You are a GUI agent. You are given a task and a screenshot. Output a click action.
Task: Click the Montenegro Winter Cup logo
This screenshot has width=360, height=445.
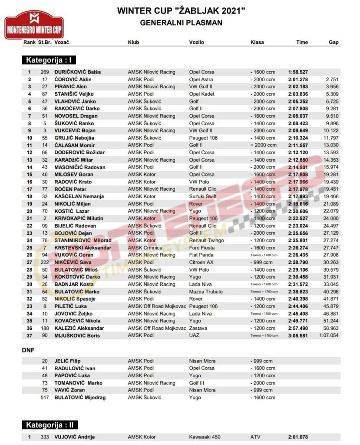[34, 25]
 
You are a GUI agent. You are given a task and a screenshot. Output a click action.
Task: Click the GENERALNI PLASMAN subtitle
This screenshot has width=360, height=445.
[181, 23]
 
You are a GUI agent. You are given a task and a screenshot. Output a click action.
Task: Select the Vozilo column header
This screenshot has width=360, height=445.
[196, 42]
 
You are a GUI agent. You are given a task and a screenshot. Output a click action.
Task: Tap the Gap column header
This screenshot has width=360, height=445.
[334, 42]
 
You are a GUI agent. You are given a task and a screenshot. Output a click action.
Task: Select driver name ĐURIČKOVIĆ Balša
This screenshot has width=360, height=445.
[78, 72]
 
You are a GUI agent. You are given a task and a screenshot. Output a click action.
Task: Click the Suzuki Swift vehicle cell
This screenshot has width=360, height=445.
[203, 196]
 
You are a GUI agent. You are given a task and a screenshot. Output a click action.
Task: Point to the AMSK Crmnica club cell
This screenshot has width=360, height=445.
[145, 248]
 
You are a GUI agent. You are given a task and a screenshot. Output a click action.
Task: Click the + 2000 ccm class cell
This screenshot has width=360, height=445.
[263, 145]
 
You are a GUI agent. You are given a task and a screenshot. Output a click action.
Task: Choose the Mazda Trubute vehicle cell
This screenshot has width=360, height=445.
[206, 292]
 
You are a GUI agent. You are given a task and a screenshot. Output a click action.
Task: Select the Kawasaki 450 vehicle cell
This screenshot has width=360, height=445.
[207, 437]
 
